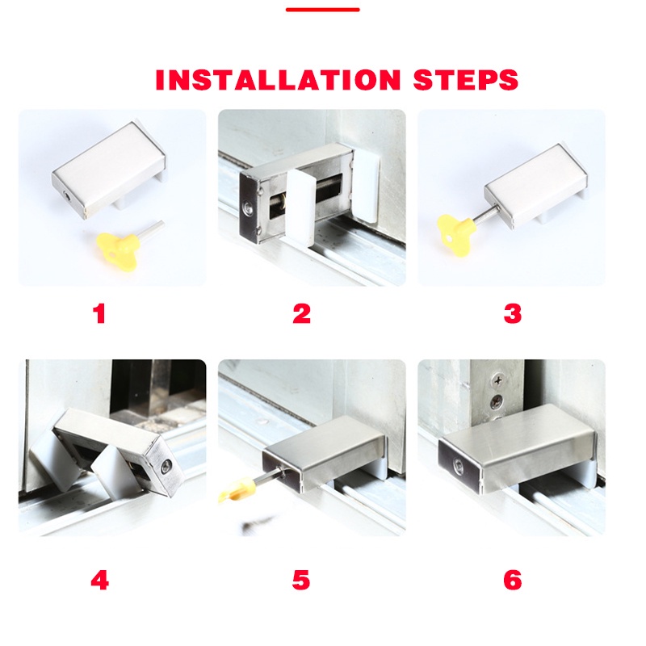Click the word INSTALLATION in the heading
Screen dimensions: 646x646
[278, 79]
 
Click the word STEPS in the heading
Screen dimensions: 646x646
[466, 79]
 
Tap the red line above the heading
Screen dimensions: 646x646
[322, 10]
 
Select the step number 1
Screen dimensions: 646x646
[99, 313]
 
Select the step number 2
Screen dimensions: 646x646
[301, 313]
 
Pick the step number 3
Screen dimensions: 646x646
[513, 313]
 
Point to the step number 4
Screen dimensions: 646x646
[99, 581]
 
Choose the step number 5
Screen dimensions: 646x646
[301, 581]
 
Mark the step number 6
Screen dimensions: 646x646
[513, 581]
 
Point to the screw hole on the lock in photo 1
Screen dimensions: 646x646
[68, 196]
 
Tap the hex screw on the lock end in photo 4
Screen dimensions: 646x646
[166, 468]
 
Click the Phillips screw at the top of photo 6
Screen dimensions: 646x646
[498, 380]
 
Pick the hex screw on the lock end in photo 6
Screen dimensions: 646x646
[459, 467]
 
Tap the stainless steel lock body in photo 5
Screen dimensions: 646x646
[325, 452]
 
